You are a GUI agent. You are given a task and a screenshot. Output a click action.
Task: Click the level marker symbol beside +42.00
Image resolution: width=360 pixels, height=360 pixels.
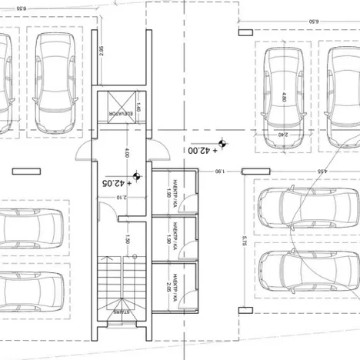222,142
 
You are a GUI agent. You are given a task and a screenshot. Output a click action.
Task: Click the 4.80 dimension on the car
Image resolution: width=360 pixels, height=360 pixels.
283,98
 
